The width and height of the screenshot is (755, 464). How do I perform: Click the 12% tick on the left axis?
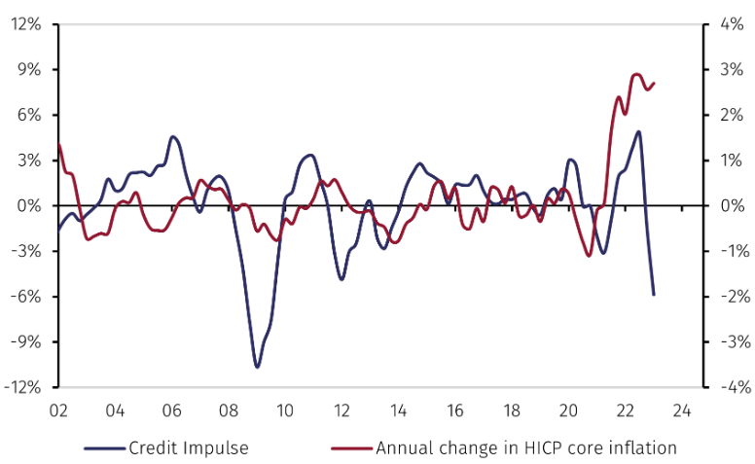click(x=26, y=24)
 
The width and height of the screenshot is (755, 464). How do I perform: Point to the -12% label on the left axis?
click(x=23, y=387)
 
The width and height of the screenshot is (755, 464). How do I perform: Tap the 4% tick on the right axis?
click(x=730, y=24)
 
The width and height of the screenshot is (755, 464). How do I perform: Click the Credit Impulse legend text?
click(x=189, y=447)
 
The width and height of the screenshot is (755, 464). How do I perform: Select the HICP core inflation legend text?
click(x=525, y=447)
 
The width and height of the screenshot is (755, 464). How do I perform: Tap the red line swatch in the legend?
click(x=353, y=448)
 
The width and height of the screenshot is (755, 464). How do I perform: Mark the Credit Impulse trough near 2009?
click(x=257, y=367)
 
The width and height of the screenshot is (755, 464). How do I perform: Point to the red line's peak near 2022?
click(x=636, y=74)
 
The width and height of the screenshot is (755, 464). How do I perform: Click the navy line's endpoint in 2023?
click(x=654, y=294)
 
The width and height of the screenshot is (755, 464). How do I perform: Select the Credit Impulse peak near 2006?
click(x=172, y=136)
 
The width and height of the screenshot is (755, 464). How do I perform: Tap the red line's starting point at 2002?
click(x=58, y=145)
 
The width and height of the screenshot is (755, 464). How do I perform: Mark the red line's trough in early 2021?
click(x=589, y=255)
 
